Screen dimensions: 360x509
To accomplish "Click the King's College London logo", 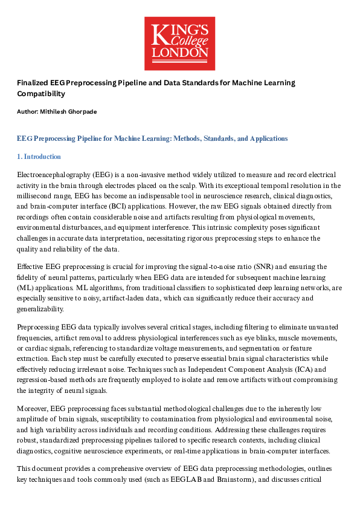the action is tap(179, 43).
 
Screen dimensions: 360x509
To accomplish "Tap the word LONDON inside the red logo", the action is tap(179, 53).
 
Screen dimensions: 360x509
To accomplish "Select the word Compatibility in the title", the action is tap(40, 94).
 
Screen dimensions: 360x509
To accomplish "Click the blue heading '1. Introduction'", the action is tap(39, 157).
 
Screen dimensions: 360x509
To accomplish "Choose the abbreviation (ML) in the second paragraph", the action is tap(26, 288).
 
